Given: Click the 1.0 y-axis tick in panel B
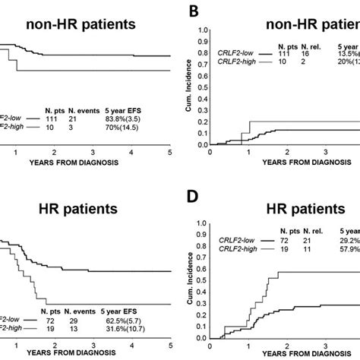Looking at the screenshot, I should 202,30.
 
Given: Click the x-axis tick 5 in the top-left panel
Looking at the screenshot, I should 169,153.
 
